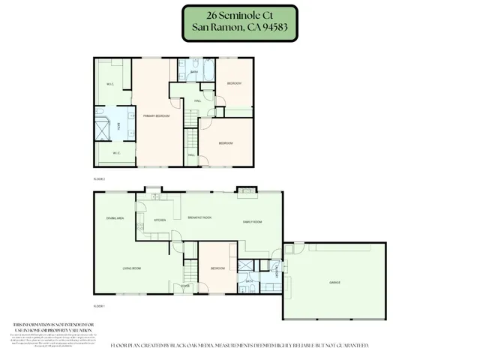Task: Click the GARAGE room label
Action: point(334,283)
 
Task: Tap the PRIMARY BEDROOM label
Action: point(157,116)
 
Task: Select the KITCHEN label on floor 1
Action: point(160,220)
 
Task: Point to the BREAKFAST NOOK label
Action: point(198,218)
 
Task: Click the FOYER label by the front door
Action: point(184,286)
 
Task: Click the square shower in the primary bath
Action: point(105,128)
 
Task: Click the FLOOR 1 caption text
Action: point(98,307)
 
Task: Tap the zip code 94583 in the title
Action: point(272,30)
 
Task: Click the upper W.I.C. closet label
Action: point(109,84)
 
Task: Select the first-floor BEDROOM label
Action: point(218,268)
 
